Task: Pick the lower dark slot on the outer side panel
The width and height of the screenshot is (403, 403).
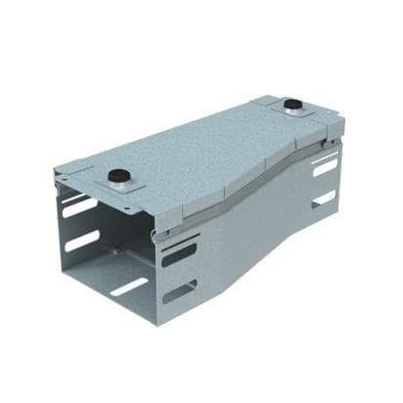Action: point(179,292)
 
